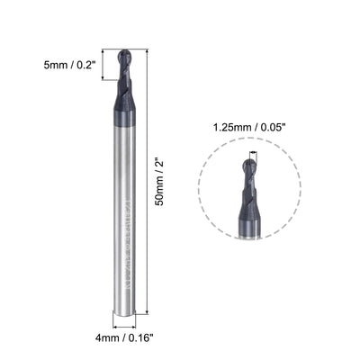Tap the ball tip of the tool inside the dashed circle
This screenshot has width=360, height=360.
[248, 166]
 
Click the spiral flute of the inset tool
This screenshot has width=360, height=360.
[249, 193]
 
